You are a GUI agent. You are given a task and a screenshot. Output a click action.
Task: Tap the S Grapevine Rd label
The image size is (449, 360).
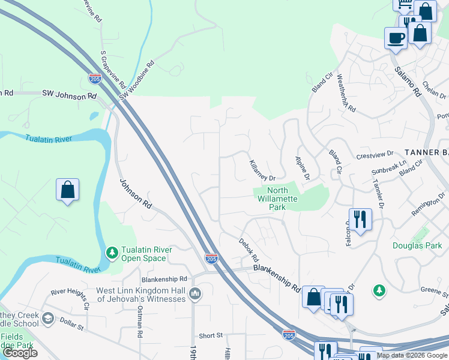[x=112, y=68]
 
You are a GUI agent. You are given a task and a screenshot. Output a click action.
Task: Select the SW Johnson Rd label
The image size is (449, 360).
[x=69, y=95]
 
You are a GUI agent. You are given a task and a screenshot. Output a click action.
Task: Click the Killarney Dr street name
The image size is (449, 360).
[x=262, y=170]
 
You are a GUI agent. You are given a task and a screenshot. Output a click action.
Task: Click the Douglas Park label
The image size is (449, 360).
[x=417, y=245]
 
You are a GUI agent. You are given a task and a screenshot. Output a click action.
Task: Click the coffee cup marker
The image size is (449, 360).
[x=396, y=38]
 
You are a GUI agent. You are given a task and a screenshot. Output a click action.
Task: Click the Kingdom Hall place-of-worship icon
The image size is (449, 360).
[x=194, y=294]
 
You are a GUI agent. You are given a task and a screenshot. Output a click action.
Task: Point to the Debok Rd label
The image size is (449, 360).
[x=247, y=250]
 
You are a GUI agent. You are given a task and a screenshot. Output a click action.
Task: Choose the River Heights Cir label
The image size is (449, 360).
[x=70, y=296]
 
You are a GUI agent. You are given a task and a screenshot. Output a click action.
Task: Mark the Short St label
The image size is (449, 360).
[x=211, y=335]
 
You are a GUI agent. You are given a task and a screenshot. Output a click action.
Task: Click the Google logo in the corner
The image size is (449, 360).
[x=20, y=353]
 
